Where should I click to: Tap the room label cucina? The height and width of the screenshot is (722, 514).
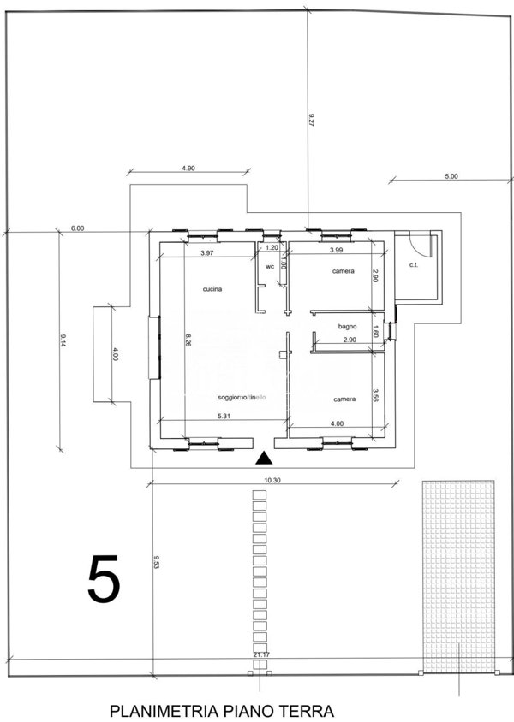point(212,289)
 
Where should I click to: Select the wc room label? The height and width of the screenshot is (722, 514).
point(269,266)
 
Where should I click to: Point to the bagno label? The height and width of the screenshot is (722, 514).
point(347,327)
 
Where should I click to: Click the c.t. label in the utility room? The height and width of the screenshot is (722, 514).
point(413,265)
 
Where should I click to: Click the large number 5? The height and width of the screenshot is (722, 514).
point(103,580)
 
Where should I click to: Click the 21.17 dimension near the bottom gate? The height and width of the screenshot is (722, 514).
point(261,655)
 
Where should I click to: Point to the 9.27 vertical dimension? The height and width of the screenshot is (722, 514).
point(312,122)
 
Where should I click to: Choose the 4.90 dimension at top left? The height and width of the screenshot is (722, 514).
point(189,169)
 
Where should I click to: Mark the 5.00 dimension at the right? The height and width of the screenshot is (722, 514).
point(451,176)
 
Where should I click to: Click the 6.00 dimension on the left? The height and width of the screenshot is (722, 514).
point(77,228)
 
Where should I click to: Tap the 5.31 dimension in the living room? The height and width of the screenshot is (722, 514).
point(226,417)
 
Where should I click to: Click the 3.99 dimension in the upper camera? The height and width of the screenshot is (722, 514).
point(337,250)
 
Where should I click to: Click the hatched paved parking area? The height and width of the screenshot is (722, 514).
point(459,573)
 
